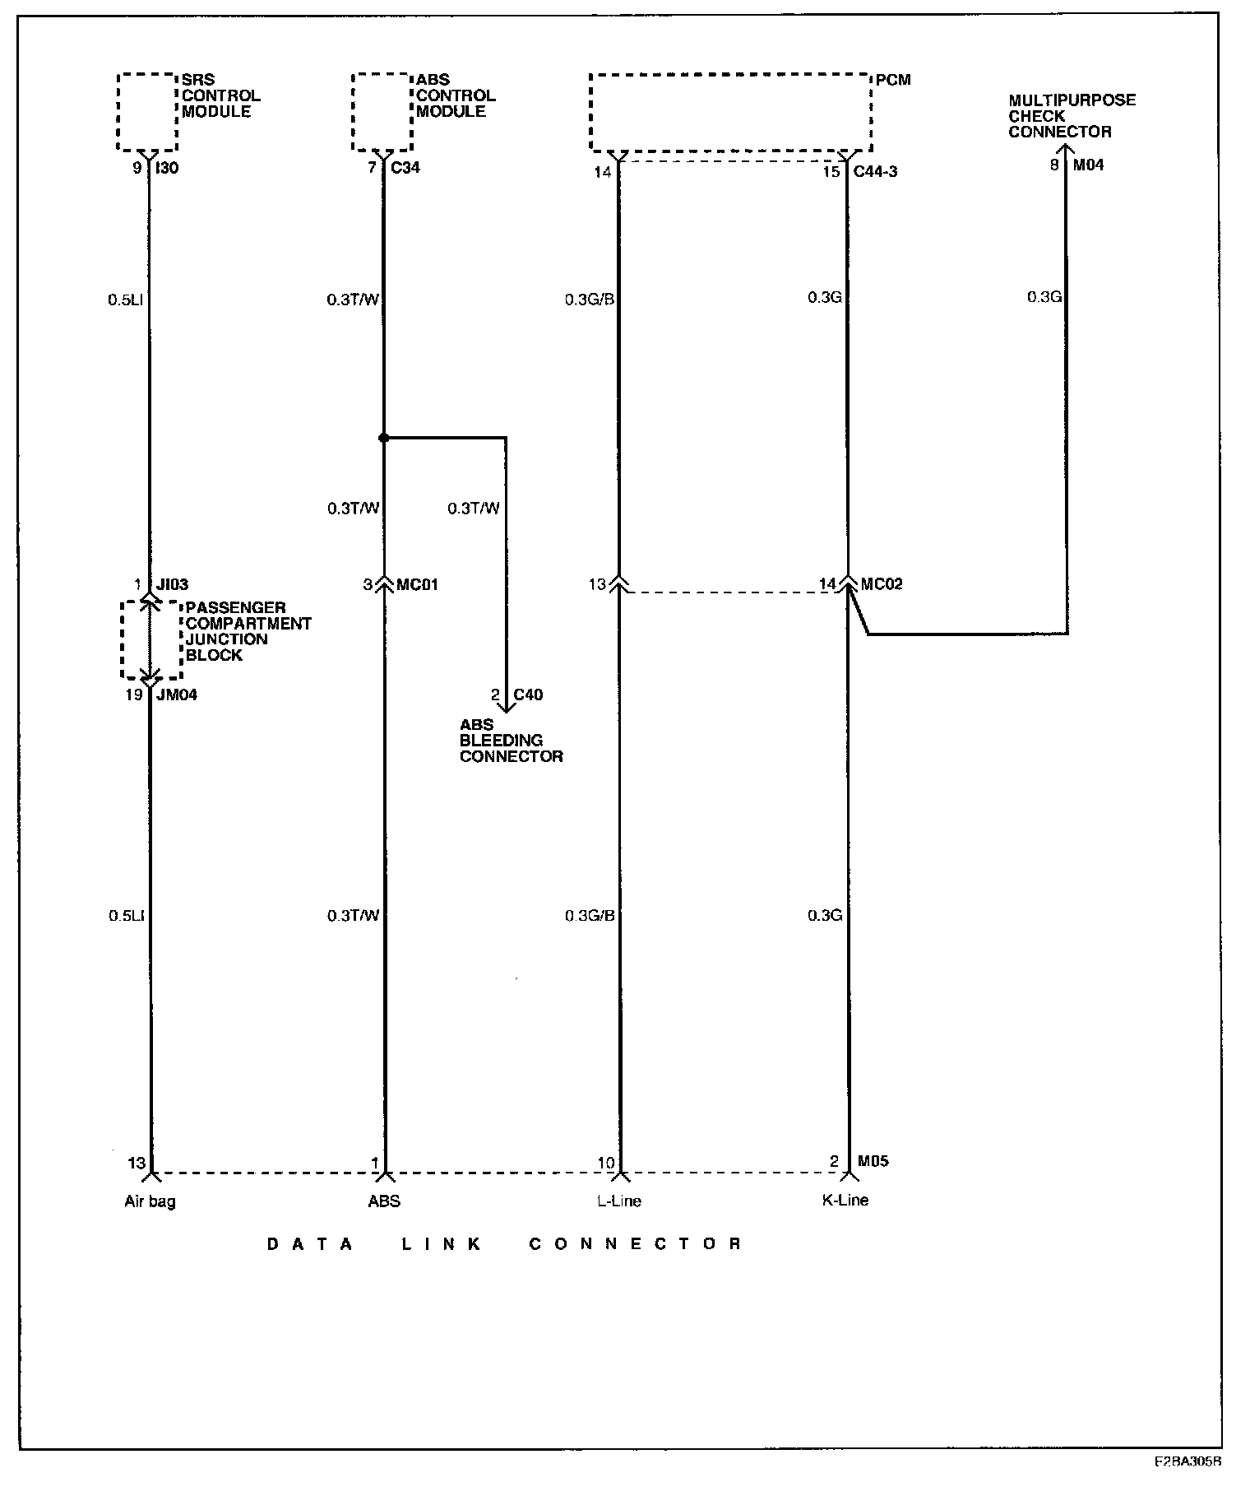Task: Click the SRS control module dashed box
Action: coord(147,112)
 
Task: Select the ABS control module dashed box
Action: coord(382,112)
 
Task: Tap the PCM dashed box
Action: coord(730,113)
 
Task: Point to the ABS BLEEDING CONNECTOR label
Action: coord(511,741)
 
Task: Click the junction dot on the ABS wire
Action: coord(383,438)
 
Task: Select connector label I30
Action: coord(167,168)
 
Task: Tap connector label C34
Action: coord(405,168)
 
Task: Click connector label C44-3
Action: coord(875,171)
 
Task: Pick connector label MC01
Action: coord(417,585)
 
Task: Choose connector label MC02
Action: coord(881,584)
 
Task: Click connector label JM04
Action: coord(176,695)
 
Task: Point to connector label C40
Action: coord(528,695)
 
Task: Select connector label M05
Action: coord(872,1161)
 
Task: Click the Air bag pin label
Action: coord(150,1201)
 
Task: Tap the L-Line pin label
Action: coord(619,1201)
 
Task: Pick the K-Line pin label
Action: coord(845,1200)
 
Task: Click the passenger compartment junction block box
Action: coord(150,640)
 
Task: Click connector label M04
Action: coord(1089,165)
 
